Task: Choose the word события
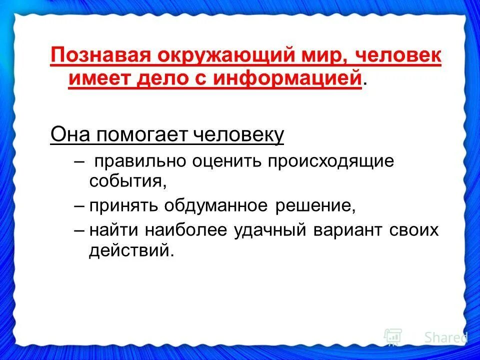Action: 127,180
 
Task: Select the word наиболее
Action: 188,230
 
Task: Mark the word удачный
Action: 272,230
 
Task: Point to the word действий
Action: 131,250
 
